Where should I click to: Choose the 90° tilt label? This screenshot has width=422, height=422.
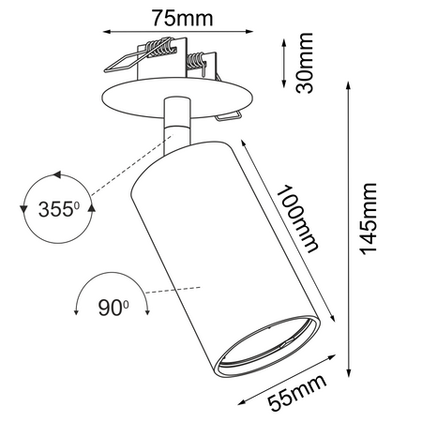113,307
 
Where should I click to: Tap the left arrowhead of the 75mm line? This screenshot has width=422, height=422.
107,31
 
